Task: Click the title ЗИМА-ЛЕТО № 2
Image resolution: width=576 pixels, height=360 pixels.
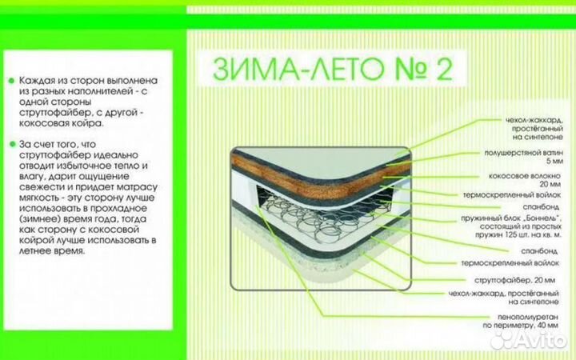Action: [333, 69]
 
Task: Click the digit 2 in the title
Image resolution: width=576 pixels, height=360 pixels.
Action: [444, 69]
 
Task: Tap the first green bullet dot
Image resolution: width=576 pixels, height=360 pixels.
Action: [11, 81]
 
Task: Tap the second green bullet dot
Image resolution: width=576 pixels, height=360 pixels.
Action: [12, 144]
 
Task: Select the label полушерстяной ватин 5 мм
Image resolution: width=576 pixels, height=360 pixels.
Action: [523, 157]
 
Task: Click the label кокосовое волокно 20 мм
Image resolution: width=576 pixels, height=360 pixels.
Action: [525, 180]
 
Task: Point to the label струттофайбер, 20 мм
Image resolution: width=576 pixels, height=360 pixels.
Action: [514, 280]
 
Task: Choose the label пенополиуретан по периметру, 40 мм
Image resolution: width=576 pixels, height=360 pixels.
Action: [521, 321]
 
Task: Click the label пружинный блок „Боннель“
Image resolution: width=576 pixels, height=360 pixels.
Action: [511, 218]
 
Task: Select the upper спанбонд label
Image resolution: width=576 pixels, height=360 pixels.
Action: [541, 207]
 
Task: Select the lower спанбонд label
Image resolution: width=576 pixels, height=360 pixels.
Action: [539, 251]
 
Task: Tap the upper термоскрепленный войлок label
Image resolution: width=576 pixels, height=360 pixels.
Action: [512, 195]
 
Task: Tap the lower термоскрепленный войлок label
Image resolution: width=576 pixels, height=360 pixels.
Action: [510, 263]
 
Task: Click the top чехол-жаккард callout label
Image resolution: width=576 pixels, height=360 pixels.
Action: [534, 129]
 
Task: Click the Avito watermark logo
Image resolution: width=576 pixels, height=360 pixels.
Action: [528, 341]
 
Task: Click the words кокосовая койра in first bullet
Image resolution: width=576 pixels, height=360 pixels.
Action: [60, 123]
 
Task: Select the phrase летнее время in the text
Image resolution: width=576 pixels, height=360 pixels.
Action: [51, 251]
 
